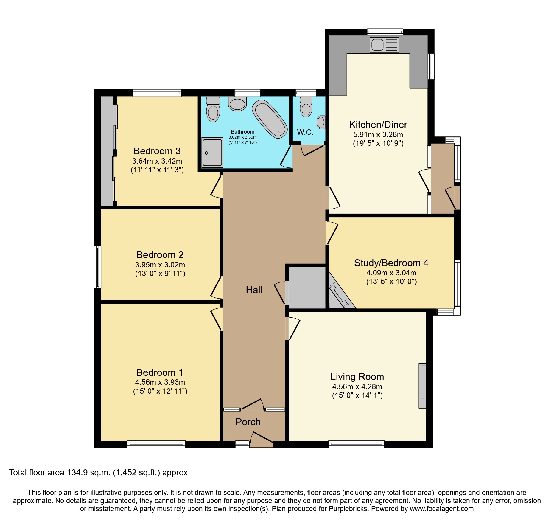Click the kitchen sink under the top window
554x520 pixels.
point(384,45)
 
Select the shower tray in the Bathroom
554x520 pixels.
point(212,152)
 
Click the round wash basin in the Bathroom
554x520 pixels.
point(237,104)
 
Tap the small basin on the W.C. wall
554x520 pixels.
point(321,122)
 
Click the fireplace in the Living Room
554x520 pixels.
point(422,386)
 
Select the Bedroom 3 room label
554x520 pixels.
point(157,151)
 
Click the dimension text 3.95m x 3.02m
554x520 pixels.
point(160,265)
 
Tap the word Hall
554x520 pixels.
point(254,290)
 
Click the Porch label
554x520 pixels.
point(248,422)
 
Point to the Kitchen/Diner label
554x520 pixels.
point(378,125)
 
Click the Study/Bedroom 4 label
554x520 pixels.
point(391,263)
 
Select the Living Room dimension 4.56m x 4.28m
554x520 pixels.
point(357,386)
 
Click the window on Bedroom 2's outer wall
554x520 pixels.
point(97,267)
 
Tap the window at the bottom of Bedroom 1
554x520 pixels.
point(156,444)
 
